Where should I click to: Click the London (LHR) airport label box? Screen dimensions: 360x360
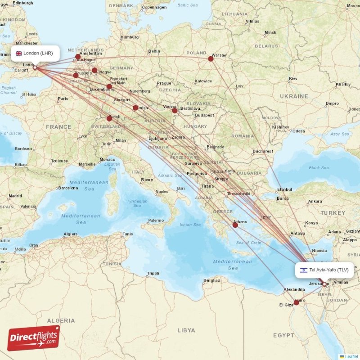coord(35,53)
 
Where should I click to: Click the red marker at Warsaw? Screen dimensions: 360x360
coord(211,58)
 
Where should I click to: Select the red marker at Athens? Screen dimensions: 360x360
coord(235,225)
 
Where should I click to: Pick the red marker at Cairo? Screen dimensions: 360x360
coord(296,302)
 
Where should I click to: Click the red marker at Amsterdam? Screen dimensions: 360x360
coord(78,57)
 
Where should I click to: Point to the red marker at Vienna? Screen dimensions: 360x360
coord(175,110)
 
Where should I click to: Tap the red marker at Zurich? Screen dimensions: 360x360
coord(109,118)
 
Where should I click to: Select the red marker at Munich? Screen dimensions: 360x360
coord(135,108)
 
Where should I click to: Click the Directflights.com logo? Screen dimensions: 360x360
coord(34,338)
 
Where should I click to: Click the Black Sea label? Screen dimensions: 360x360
coord(319,168)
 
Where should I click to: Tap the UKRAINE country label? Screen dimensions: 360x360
coord(294,96)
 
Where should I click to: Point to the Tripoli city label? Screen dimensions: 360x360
coord(153,273)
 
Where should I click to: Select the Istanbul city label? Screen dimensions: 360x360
coord(284,189)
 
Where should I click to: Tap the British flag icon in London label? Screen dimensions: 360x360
coord(19,53)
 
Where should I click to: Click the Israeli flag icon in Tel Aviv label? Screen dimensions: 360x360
coord(304,270)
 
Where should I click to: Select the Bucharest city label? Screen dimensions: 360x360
coord(263,151)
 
